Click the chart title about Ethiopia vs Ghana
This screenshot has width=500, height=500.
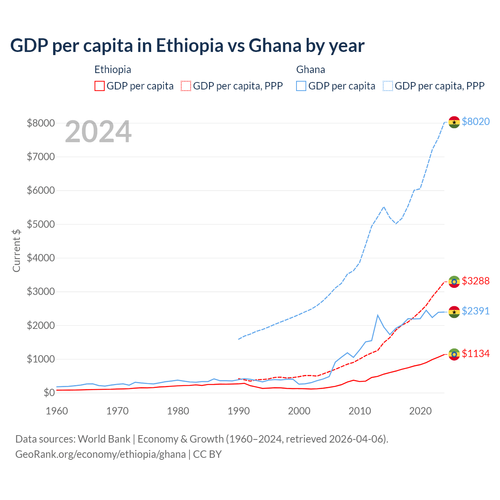(187, 46)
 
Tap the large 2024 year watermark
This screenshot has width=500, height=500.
(98, 132)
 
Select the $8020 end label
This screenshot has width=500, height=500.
(475, 121)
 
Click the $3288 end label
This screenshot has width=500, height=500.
(475, 281)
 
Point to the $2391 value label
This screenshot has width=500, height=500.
(475, 311)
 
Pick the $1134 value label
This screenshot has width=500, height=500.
(475, 354)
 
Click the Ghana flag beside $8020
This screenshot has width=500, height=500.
(454, 122)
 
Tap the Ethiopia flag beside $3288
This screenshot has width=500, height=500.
(454, 282)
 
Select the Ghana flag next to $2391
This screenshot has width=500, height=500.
(454, 312)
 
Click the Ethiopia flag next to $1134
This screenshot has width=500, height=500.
(454, 354)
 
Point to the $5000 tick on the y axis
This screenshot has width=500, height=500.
(41, 225)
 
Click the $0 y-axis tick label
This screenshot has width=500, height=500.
(49, 393)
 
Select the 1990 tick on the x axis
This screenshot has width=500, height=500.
(239, 411)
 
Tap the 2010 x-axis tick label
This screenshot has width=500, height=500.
(360, 411)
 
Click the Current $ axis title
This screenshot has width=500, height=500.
(16, 250)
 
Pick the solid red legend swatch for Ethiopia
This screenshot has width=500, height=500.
(100, 86)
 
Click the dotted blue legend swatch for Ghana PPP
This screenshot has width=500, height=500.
(388, 86)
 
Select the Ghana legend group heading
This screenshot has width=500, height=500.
(311, 70)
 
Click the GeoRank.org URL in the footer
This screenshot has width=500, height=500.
(100, 454)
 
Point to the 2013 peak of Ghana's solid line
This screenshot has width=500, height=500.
(378, 315)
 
